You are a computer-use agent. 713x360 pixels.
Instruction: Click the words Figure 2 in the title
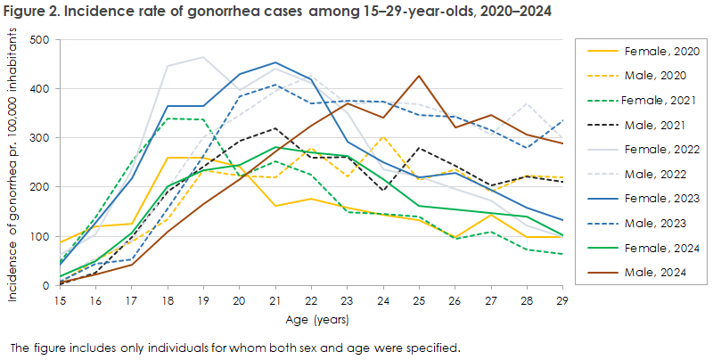[x=32, y=12]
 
